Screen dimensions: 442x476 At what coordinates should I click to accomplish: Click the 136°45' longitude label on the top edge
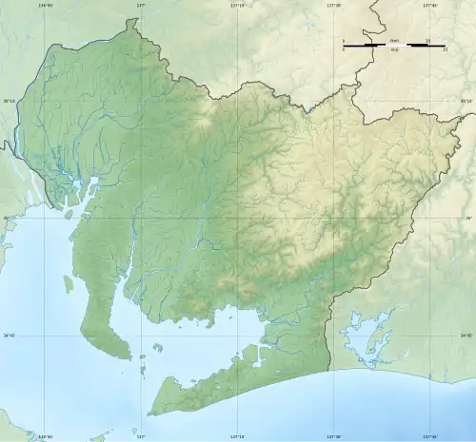click(45, 5)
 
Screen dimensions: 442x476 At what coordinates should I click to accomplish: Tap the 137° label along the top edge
click(140, 5)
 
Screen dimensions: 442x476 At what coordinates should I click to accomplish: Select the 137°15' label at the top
click(238, 5)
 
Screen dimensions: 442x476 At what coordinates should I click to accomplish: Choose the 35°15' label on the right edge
click(466, 101)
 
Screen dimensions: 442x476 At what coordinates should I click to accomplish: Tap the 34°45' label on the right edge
click(466, 335)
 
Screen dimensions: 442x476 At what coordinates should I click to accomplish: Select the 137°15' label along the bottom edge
click(238, 437)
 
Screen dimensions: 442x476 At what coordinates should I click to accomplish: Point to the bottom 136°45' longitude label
click(45, 437)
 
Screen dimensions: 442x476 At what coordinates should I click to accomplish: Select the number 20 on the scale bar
click(428, 40)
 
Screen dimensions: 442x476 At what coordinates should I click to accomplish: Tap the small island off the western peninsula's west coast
click(69, 282)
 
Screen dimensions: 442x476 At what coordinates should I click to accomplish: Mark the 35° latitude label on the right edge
click(467, 218)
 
